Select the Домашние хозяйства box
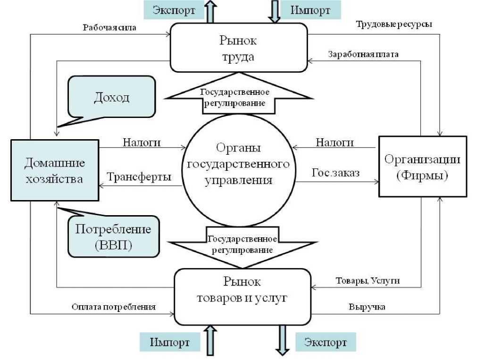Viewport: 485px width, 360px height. point(55,170)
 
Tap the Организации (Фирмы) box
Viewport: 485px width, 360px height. point(422,167)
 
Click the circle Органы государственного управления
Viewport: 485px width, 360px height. point(238,164)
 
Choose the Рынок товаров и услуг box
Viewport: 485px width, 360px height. point(242,296)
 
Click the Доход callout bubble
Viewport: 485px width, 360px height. point(112,97)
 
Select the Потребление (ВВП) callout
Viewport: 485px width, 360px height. point(113,237)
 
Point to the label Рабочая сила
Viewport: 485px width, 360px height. point(109,27)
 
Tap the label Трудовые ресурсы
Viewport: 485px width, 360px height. point(394,24)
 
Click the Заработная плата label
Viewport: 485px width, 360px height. point(363,54)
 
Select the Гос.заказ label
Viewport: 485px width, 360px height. point(335,173)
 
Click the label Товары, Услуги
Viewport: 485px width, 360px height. point(368,280)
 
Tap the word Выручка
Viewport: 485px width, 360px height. point(367,307)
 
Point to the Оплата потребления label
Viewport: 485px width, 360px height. point(114,307)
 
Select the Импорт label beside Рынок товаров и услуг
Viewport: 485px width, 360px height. point(170,342)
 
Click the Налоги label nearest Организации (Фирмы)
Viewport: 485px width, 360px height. point(335,142)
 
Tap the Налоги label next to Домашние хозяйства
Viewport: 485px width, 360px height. point(142,142)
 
